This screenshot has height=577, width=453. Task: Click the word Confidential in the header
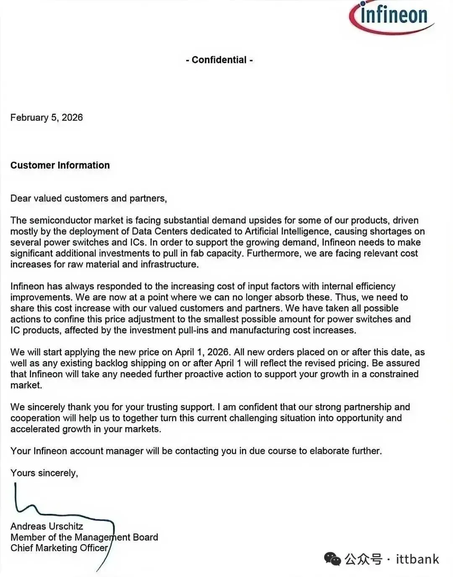coord(219,60)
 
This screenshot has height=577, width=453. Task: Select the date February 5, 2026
coord(47,117)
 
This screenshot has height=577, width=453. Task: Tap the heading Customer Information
coord(60,165)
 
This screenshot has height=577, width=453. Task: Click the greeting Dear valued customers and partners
coord(89,198)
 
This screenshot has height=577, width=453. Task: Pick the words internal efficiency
coord(359,286)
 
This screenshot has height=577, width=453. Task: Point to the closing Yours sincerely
coord(44,473)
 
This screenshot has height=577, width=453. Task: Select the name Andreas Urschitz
coord(47,526)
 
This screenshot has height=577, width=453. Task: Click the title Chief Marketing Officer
coord(59,548)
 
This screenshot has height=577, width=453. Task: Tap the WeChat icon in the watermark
coord(332,559)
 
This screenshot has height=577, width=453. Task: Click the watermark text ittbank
coord(417,559)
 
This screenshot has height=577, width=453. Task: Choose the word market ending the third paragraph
coord(26,385)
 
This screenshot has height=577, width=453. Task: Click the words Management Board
coord(116,537)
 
